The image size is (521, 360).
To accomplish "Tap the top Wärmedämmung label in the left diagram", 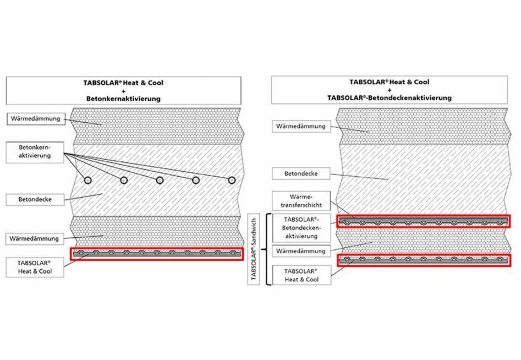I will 35,118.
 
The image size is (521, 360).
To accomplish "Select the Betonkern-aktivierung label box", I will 35,152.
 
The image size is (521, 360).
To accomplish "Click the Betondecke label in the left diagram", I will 35,199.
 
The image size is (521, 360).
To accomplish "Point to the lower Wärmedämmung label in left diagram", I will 35,239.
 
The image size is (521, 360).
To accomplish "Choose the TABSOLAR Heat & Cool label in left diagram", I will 35,267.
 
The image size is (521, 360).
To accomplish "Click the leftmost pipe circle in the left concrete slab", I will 87,180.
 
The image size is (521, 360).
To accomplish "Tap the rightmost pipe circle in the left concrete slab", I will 232,180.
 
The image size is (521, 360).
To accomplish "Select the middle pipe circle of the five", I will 160,180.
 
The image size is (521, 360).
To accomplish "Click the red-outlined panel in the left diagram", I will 156,254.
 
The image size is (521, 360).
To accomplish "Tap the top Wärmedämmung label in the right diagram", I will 301,126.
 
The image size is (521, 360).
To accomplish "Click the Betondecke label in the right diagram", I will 301,174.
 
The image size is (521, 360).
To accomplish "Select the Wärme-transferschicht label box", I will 301,201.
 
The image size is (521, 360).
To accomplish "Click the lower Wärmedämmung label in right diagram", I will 301,251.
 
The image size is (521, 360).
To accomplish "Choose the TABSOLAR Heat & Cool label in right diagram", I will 301,275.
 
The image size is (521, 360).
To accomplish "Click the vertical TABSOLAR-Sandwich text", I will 254,249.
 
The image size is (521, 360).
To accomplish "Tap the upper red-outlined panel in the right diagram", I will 423,221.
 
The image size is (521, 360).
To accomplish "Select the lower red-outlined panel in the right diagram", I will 423,260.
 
